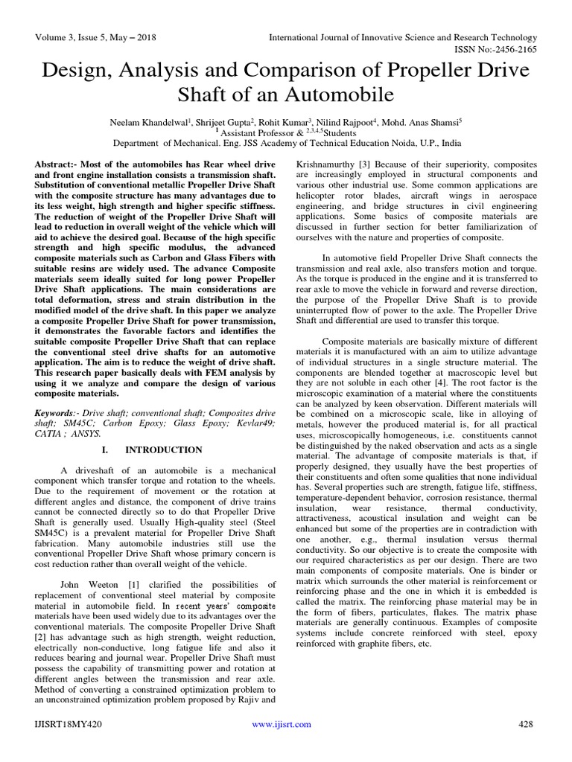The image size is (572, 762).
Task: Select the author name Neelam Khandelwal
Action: (x=152, y=121)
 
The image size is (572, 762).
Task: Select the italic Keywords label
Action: (x=57, y=412)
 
